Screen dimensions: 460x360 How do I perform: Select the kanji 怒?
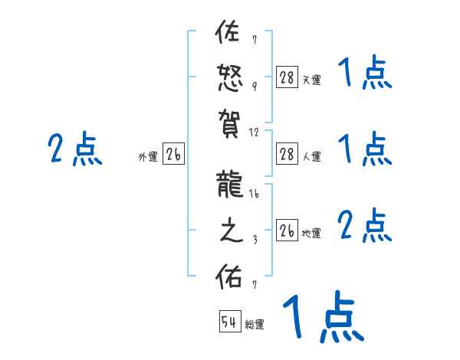tap(228, 78)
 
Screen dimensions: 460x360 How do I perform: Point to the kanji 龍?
tap(229, 188)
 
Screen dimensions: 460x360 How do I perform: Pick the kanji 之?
tap(228, 231)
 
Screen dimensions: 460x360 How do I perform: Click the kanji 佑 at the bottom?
tap(228, 276)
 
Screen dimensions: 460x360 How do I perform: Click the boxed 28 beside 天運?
tap(287, 77)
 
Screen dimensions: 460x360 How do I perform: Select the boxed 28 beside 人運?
tap(287, 154)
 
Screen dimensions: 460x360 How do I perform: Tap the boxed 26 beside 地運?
tap(287, 231)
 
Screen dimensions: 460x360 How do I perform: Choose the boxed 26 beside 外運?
tap(173, 155)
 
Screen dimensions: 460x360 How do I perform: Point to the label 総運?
tap(255, 325)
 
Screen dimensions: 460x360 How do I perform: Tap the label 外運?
tap(148, 157)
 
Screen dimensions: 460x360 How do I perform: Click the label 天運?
tap(311, 80)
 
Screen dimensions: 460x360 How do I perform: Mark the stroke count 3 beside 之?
tap(255, 239)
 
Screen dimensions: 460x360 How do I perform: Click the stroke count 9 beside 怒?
tap(255, 86)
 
